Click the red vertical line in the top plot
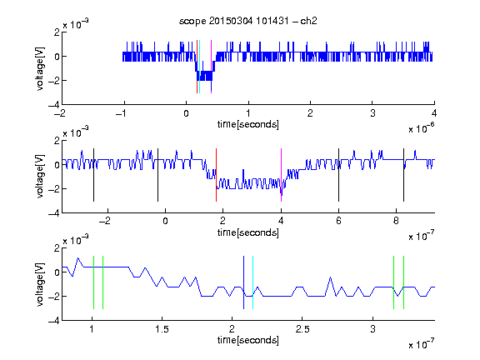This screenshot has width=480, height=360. (197, 67)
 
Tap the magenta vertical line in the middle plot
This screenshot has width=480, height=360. (282, 175)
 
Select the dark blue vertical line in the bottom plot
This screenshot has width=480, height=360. (243, 282)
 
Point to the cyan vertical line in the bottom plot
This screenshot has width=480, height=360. (252, 282)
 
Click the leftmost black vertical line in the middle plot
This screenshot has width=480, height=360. (93, 175)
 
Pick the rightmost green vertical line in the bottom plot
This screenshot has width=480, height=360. (404, 282)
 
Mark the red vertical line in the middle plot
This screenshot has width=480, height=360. (216, 175)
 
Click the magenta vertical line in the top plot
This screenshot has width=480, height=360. (211, 67)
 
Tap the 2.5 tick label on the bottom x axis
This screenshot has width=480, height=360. (302, 329)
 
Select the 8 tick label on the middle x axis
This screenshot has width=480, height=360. (396, 221)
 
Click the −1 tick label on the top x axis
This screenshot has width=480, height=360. (121, 113)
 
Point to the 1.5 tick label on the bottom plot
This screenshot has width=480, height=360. (162, 329)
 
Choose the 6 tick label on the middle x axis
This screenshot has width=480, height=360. (338, 221)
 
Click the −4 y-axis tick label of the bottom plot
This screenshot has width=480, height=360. (54, 321)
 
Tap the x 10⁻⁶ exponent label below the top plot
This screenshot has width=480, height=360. (422, 128)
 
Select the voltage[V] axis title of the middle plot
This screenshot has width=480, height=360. (40, 177)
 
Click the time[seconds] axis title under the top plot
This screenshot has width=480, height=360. (248, 124)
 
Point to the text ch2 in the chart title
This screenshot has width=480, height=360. (308, 21)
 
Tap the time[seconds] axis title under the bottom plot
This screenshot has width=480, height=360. (248, 340)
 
